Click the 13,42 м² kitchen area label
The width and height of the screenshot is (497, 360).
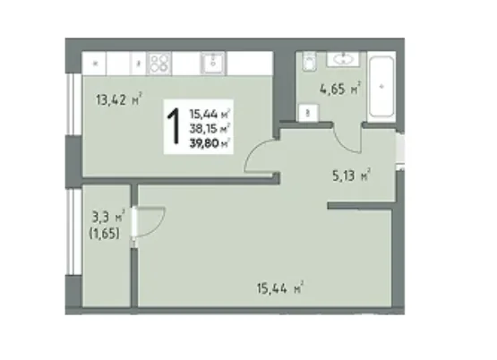pos(118,99)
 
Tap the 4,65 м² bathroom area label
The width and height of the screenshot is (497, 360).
pos(340,89)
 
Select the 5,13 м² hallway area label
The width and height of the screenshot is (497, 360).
pos(352,175)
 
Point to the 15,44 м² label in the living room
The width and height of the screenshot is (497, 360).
pos(280,287)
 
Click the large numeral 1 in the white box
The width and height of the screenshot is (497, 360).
pos(174,126)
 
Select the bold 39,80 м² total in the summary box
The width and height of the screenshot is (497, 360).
pos(210,143)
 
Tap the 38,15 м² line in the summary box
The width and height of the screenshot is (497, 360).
pos(210,129)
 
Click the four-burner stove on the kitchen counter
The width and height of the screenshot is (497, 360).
pos(159,64)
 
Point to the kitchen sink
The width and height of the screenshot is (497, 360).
pos(213,63)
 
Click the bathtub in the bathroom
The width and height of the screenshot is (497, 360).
pos(381,87)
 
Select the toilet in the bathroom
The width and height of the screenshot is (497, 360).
pos(309,61)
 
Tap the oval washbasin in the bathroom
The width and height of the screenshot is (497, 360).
pos(343,59)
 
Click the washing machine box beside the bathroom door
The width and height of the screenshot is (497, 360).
pos(309,113)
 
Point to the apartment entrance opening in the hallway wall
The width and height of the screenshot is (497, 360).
pos(401,149)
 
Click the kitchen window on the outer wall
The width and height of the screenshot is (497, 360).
pos(73,105)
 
